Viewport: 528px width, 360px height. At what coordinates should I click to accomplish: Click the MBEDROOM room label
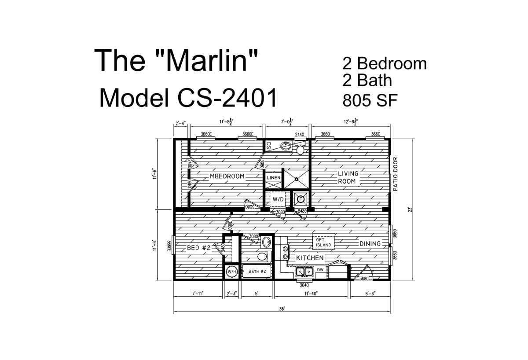[x=227, y=176]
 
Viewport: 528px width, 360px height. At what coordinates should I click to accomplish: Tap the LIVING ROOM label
[x=348, y=177]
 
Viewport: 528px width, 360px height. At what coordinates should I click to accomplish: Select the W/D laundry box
[x=278, y=199]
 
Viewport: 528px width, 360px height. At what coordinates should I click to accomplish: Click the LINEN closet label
[x=272, y=177]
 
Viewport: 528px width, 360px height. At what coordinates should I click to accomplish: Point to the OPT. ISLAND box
[x=323, y=242]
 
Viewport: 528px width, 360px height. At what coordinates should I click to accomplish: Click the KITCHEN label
[x=310, y=258]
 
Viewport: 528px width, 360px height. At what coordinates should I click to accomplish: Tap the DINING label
[x=370, y=244]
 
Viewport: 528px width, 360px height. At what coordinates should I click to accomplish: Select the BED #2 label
[x=199, y=248]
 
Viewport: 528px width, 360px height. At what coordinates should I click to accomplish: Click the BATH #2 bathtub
[x=257, y=272]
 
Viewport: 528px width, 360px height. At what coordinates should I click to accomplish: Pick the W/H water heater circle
[x=231, y=272]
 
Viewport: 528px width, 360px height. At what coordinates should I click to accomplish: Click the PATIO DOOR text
[x=395, y=174]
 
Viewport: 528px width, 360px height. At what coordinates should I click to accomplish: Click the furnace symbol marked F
[x=301, y=199]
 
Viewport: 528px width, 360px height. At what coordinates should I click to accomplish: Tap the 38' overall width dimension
[x=282, y=309]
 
